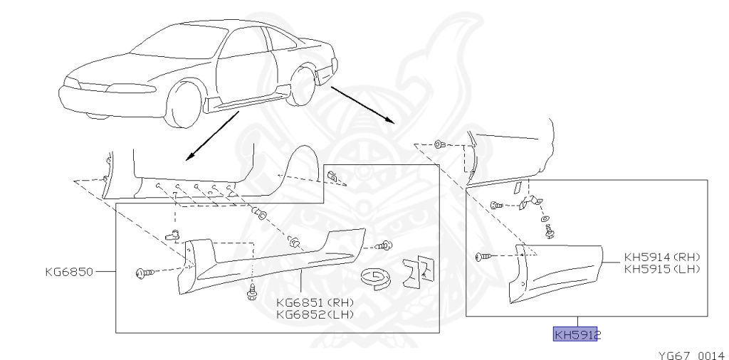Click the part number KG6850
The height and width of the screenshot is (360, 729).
[x=68, y=271]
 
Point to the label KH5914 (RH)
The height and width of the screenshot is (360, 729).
[x=662, y=258]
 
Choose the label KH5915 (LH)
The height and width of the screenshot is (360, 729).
[x=662, y=268]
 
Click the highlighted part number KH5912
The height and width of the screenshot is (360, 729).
[x=577, y=334]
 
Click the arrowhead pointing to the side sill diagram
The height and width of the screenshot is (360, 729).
[x=187, y=159]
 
